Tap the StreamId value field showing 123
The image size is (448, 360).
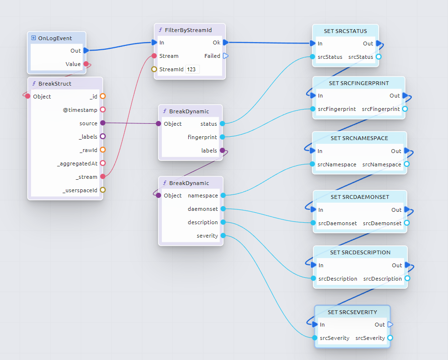(x=192, y=69)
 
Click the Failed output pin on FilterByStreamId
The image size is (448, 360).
(x=226, y=56)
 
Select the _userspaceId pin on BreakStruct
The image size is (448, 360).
(x=102, y=190)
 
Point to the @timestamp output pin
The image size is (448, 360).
(x=102, y=110)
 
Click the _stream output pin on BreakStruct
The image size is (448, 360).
(x=102, y=177)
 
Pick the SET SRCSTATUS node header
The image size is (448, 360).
(x=345, y=31)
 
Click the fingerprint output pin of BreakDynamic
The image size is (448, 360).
(x=222, y=137)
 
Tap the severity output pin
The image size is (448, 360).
(x=223, y=236)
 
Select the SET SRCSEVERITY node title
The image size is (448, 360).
(x=352, y=312)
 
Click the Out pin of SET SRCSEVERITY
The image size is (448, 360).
(x=390, y=325)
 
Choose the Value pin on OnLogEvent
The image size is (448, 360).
(x=86, y=64)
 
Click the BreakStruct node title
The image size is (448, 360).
(x=55, y=84)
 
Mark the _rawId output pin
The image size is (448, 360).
(x=102, y=150)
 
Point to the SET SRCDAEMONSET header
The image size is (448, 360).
(x=360, y=197)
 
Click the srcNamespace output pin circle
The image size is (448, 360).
(x=406, y=164)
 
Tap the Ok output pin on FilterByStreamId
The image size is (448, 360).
(x=226, y=43)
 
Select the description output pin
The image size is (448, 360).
(x=223, y=222)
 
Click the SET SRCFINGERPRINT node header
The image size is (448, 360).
(x=359, y=83)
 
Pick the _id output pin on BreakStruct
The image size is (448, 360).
(x=102, y=97)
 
